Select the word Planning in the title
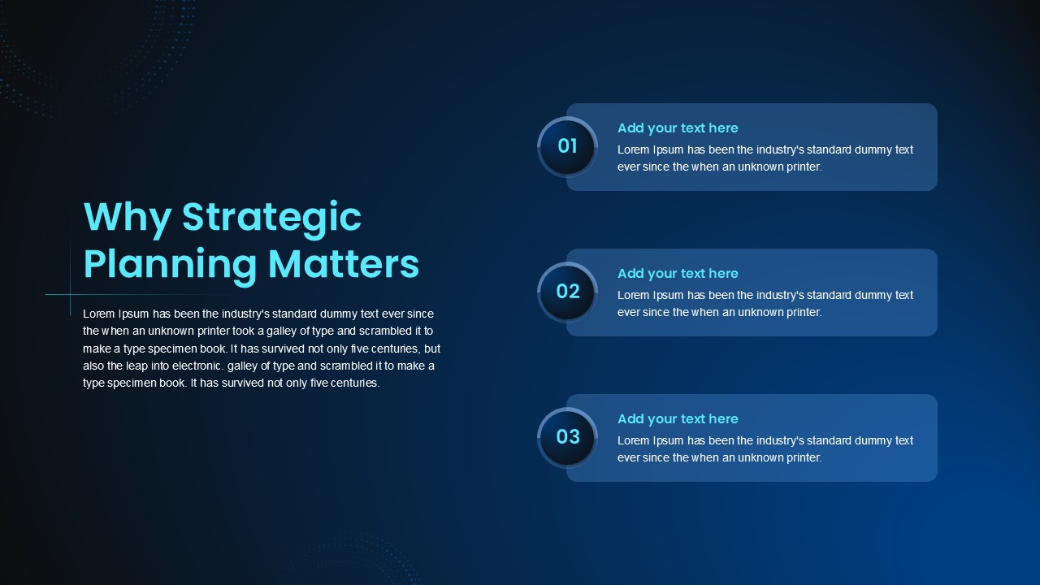[170, 265]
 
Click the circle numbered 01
[567, 146]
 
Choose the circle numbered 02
[567, 292]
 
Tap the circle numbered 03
[567, 437]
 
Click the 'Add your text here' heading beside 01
[678, 128]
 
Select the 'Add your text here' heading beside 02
[678, 274]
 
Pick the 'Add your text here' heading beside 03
[678, 418]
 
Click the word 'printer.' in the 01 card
[804, 167]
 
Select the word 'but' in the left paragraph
[432, 349]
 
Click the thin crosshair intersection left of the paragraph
[70, 294]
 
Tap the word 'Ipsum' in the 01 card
[668, 150]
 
